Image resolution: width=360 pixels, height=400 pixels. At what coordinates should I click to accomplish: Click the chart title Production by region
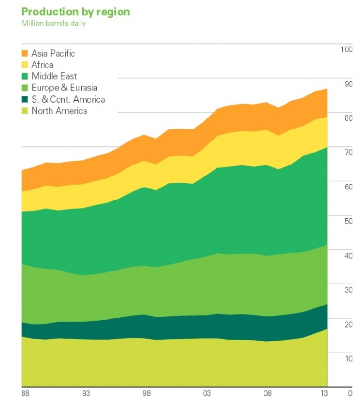click(76, 12)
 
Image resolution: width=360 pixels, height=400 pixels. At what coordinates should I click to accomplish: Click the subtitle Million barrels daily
click(53, 23)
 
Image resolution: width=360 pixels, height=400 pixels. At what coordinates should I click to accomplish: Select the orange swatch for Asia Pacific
click(25, 53)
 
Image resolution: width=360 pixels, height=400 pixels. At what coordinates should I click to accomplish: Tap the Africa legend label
click(42, 65)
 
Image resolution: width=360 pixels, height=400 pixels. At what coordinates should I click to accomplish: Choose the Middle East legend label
click(54, 76)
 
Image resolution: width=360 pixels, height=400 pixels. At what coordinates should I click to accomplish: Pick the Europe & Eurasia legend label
click(64, 88)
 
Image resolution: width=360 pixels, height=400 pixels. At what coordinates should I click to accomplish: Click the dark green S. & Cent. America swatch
click(25, 99)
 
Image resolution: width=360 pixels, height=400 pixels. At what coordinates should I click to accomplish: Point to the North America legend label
click(59, 111)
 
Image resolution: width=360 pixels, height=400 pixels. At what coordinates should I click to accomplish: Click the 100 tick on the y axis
click(346, 50)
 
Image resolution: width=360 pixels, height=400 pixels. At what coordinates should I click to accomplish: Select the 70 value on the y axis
click(348, 153)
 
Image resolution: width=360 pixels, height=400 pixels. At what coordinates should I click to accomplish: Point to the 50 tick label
click(348, 221)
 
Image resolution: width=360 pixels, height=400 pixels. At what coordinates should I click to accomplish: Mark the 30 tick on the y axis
click(348, 290)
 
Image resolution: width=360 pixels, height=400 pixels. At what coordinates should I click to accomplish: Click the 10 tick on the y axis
click(348, 358)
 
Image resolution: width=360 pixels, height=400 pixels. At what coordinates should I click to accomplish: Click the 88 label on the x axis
click(25, 393)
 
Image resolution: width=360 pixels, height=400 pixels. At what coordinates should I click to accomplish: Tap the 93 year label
click(86, 393)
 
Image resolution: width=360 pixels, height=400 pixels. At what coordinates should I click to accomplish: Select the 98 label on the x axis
click(147, 393)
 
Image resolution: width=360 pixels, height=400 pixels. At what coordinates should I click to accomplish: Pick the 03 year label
click(207, 393)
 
